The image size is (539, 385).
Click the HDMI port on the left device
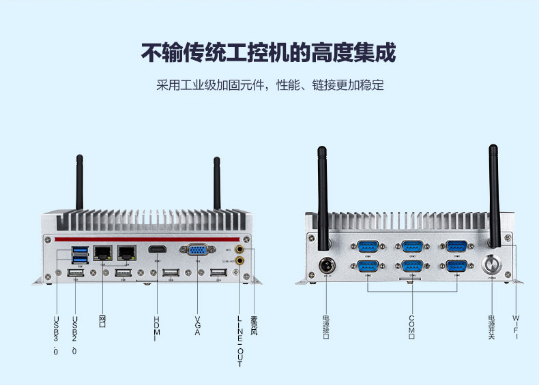click(158, 250)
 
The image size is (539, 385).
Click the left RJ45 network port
click(102, 252)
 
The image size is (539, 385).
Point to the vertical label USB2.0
click(74, 334)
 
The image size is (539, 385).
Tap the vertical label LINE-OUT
click(239, 341)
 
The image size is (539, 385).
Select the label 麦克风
click(254, 324)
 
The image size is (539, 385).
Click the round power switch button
click(492, 264)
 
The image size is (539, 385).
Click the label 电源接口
click(325, 326)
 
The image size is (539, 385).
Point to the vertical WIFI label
click(516, 326)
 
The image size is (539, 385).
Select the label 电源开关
click(491, 327)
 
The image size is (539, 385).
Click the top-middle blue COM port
click(412, 247)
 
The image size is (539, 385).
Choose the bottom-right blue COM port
click(456, 266)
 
